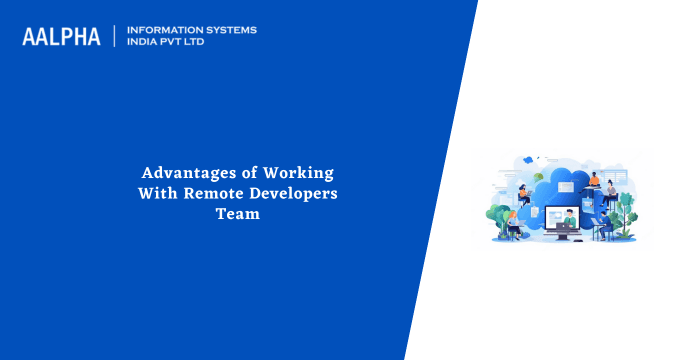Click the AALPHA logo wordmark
61,37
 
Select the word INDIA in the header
143,43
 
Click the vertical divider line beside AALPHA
114,37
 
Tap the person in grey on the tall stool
611,190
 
